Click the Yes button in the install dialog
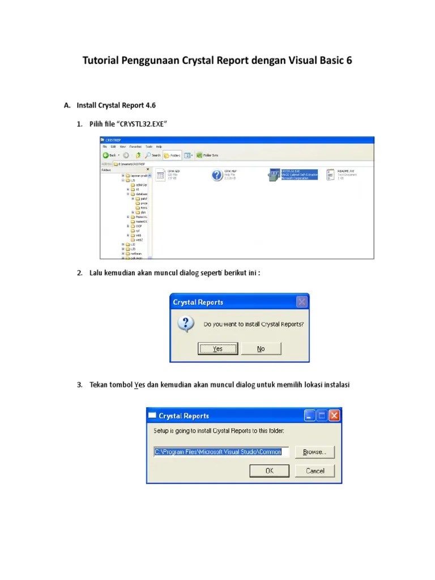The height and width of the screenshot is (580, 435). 217,349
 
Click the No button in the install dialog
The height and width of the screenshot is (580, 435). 261,349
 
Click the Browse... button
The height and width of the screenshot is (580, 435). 314,452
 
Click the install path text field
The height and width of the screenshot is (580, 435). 221,452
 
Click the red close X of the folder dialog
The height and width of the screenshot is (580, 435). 334,416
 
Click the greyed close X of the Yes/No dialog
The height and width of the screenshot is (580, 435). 302,302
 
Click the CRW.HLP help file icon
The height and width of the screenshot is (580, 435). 217,175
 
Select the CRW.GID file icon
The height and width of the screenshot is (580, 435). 160,174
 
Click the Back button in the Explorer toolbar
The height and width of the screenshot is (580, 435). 109,155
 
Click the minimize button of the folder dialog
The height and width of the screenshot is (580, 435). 309,416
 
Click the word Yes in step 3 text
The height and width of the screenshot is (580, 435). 139,385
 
